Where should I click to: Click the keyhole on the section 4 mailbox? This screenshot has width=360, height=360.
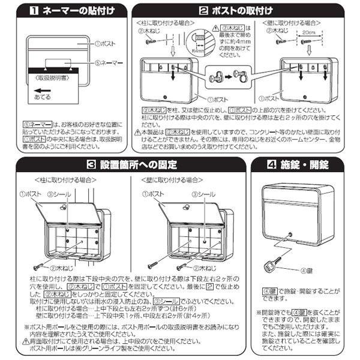pos(290,233)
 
